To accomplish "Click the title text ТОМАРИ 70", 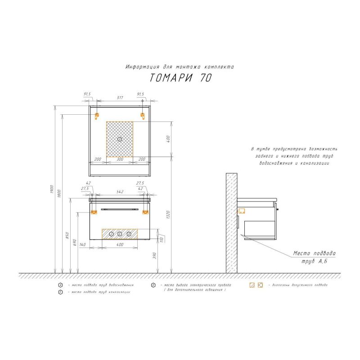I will point(180,78).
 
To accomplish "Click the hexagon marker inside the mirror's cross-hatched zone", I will point(120,139).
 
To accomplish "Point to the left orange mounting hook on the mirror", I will point(97,116).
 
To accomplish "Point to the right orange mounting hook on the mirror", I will point(143,116).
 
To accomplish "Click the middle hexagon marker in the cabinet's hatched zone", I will point(120,234).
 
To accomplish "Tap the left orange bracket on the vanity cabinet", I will point(94,211).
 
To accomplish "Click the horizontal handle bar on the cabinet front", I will point(120,209).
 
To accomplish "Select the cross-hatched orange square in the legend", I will point(260,285).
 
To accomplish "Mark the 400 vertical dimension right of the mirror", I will point(168,139).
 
